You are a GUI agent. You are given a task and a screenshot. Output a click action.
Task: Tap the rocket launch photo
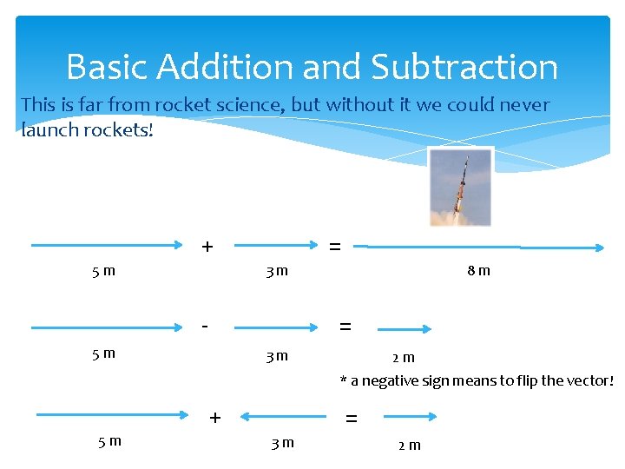pyautogui.click(x=461, y=187)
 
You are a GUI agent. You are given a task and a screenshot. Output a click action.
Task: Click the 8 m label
pyautogui.click(x=478, y=270)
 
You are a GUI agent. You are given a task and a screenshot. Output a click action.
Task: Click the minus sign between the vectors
pyautogui.click(x=204, y=326)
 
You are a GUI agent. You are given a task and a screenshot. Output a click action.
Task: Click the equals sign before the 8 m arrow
pyautogui.click(x=335, y=247)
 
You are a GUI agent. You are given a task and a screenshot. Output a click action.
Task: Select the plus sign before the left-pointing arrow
pyautogui.click(x=215, y=418)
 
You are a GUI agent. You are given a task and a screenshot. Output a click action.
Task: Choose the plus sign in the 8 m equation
pyautogui.click(x=207, y=247)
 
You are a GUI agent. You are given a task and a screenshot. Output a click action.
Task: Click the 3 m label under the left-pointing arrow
pyautogui.click(x=282, y=443)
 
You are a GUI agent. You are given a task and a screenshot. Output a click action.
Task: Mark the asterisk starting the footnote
pyautogui.click(x=343, y=381)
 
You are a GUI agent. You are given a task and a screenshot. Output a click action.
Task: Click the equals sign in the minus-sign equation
pyautogui.click(x=345, y=327)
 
